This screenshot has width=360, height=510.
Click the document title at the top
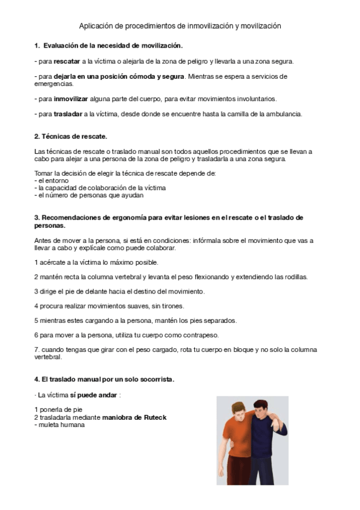click(180, 26)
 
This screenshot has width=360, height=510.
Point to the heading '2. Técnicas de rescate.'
click(70, 137)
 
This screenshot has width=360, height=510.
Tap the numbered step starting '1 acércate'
click(96, 262)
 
